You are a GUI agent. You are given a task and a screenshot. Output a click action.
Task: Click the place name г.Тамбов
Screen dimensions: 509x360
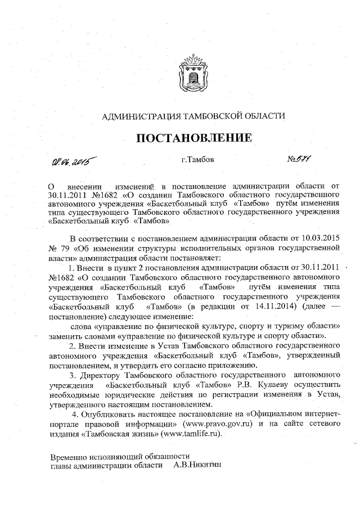pyautogui.click(x=197, y=160)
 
